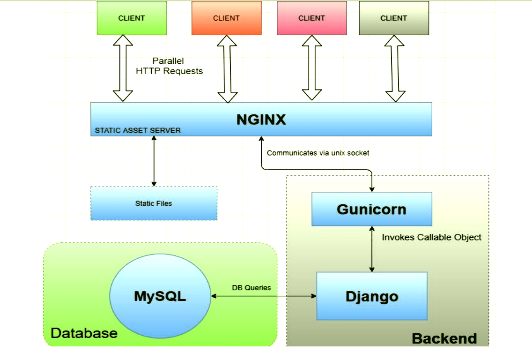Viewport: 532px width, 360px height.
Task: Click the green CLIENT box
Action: pos(132,18)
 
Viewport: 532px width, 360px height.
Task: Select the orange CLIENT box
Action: pos(226,18)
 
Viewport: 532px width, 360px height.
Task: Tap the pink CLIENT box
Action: pos(311,18)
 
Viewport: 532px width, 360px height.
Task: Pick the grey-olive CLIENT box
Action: pos(393,18)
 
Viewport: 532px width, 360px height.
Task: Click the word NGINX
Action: pos(261,120)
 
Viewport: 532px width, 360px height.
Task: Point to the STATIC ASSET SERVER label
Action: pos(138,130)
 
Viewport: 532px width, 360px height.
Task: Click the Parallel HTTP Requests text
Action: pos(169,66)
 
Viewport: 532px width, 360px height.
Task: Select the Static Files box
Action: pos(154,203)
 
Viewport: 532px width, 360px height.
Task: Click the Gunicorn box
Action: pos(371,209)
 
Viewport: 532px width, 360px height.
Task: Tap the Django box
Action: pos(371,296)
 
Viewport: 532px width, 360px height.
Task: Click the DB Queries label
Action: pos(251,287)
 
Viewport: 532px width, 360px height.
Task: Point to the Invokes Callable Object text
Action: pos(431,237)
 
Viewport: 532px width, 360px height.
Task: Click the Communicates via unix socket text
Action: pos(318,153)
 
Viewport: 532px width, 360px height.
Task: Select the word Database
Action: pos(84,333)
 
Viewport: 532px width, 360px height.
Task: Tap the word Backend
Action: pos(444,338)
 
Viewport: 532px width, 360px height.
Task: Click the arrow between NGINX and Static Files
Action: pos(154,161)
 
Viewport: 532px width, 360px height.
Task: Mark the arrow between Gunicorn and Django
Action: pos(372,249)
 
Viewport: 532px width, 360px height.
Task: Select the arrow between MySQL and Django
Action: pos(263,296)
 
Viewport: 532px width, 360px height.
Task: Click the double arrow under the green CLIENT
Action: pos(123,68)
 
